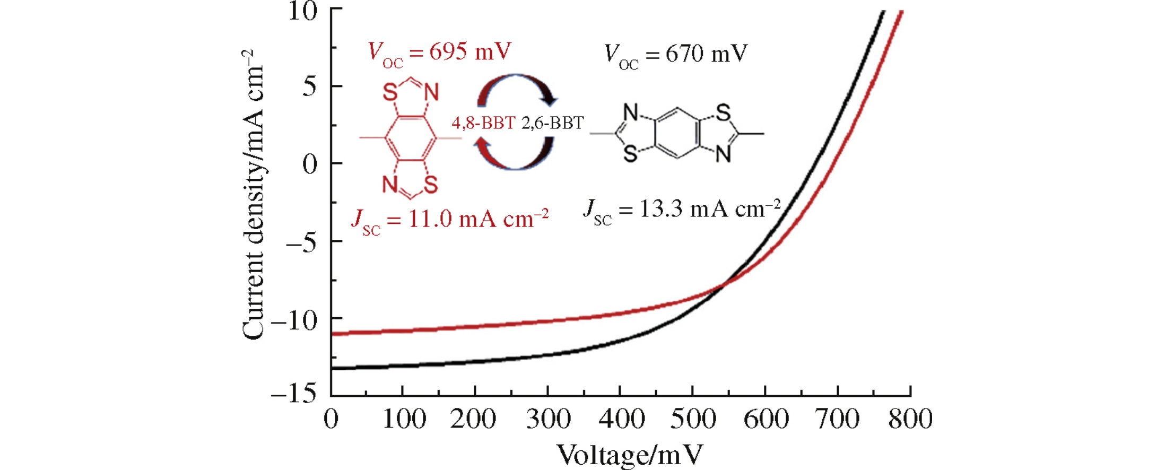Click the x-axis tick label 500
click(x=693, y=420)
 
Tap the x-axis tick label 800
click(x=910, y=420)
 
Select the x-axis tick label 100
click(x=404, y=420)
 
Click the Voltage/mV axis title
click(x=630, y=455)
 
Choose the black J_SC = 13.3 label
click(x=682, y=211)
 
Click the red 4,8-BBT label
click(x=483, y=123)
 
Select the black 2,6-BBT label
click(x=552, y=123)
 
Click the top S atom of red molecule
click(x=390, y=93)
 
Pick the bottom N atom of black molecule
click(x=723, y=154)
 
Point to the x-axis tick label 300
click(x=549, y=420)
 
